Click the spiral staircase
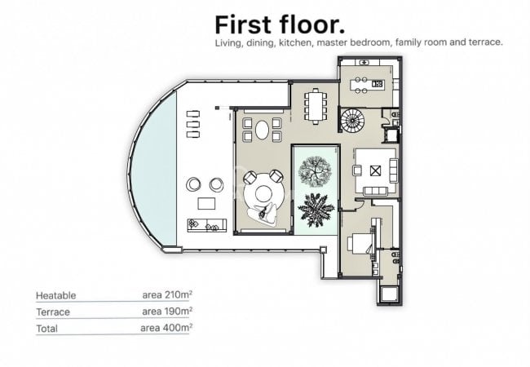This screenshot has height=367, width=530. coord(352,121)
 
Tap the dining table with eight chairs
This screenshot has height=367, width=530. coord(316,106)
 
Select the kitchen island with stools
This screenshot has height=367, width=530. coord(367,85)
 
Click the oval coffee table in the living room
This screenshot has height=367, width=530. coord(262,130)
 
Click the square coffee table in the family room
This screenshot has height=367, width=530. coord(375,171)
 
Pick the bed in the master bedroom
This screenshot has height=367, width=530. coord(360,244)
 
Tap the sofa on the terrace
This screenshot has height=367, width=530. coord(207,225)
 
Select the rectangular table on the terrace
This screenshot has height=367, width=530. coord(206,203)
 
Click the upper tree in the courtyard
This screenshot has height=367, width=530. coord(315,171)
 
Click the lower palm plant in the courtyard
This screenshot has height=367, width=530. coord(316,210)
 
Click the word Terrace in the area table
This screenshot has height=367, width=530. coord(53,312)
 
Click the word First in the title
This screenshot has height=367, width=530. coord(243,25)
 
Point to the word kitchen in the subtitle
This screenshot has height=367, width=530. coord(295,42)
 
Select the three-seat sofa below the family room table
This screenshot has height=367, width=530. coord(375,191)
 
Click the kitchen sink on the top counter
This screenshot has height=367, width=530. coord(364,62)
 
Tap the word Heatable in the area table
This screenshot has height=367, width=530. coord(55,295)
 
